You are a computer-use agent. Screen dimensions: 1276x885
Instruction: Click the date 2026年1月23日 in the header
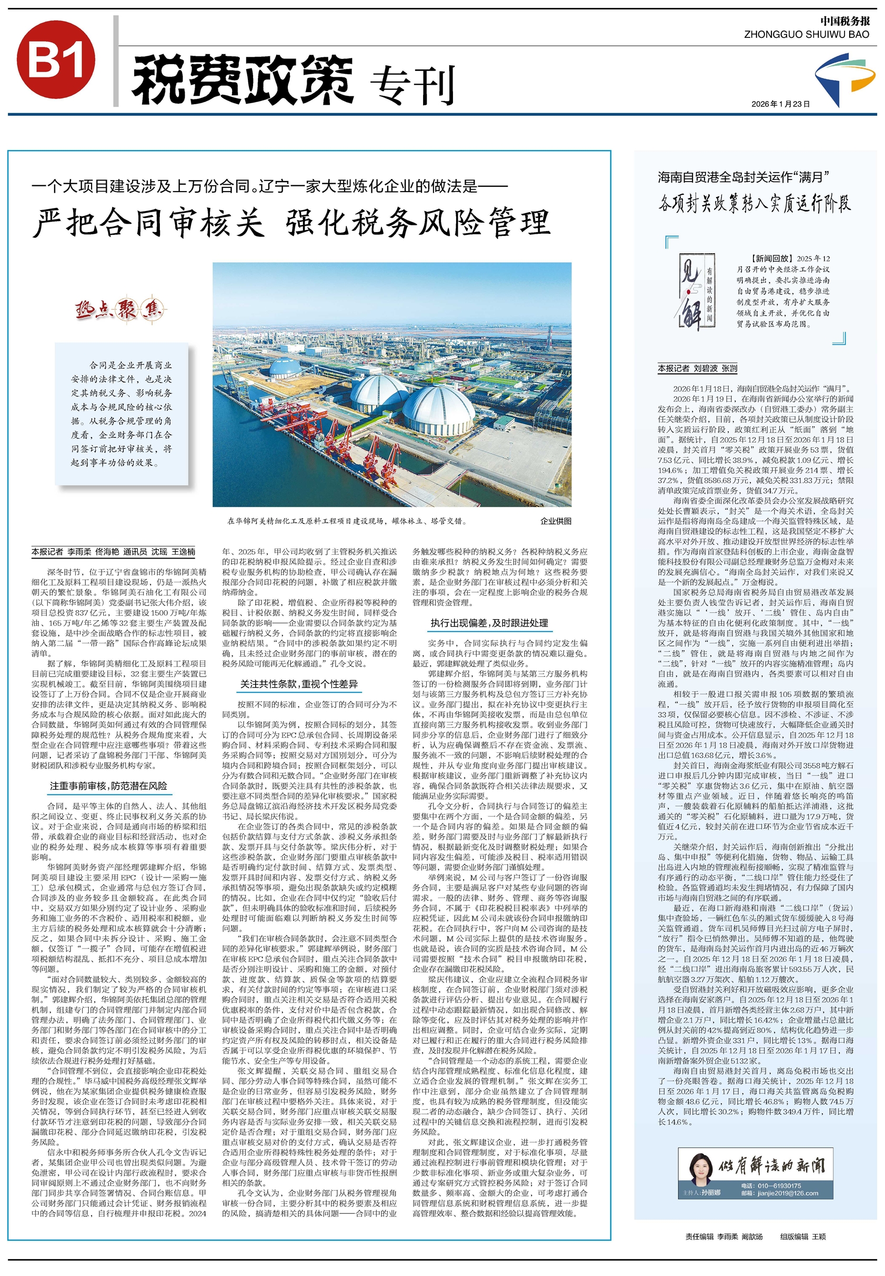(780, 104)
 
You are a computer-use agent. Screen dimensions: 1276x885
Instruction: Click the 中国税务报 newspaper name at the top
(845, 21)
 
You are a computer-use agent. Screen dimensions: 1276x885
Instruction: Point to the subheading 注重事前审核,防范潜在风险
(108, 785)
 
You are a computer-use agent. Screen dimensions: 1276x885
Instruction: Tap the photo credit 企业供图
(556, 521)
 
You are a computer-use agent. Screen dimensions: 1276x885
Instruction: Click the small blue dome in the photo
(285, 368)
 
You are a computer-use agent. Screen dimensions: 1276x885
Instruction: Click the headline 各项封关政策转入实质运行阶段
(754, 204)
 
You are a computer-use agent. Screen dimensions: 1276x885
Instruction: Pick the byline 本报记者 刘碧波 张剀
(698, 368)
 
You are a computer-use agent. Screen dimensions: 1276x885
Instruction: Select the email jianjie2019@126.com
(786, 1193)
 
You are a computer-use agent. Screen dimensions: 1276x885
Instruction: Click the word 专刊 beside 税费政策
(411, 84)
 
